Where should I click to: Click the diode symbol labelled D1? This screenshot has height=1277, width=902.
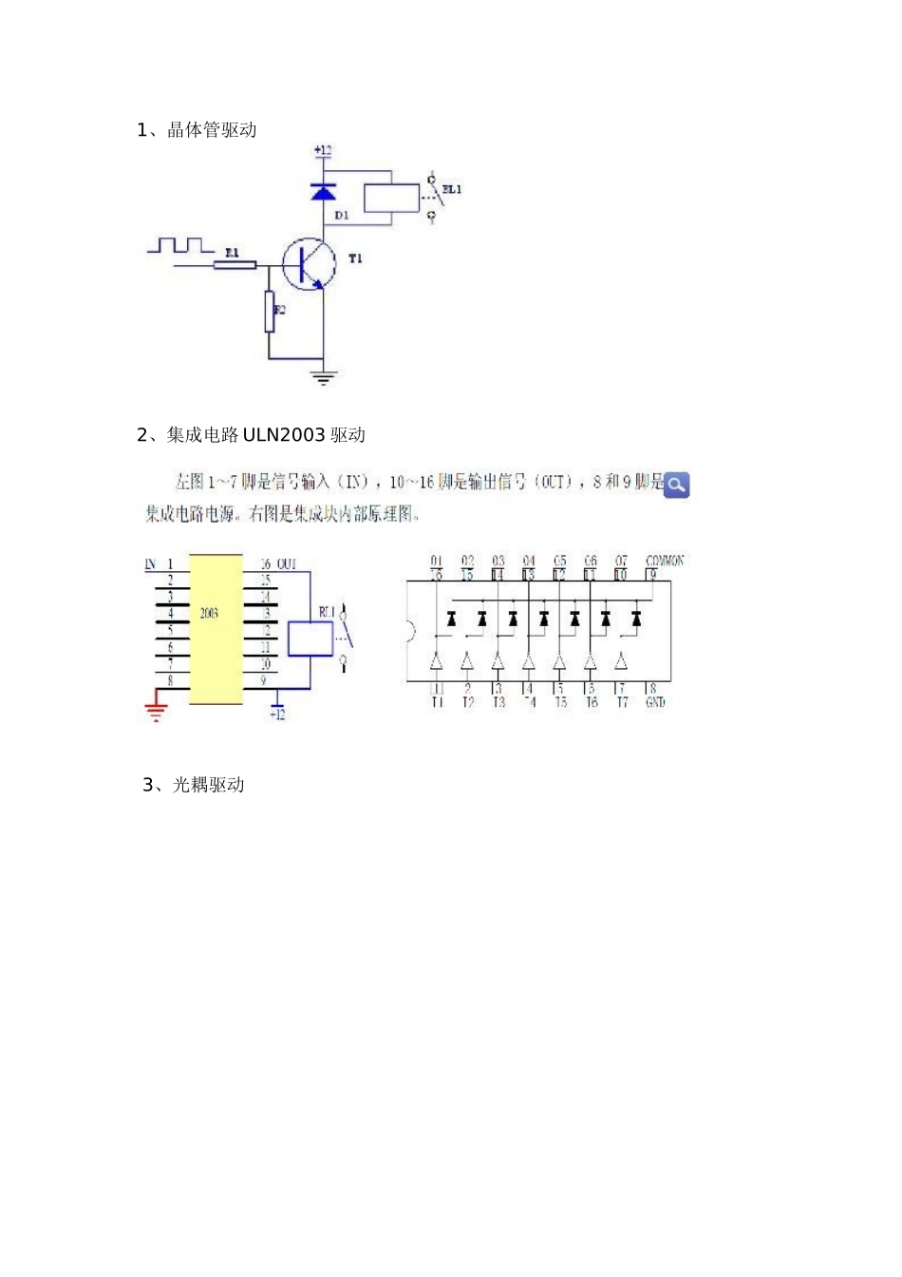pyautogui.click(x=324, y=193)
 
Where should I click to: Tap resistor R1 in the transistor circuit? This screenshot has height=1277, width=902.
pyautogui.click(x=235, y=264)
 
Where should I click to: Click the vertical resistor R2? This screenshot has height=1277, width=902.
pyautogui.click(x=270, y=311)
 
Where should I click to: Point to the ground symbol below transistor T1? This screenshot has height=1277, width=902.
pyautogui.click(x=324, y=377)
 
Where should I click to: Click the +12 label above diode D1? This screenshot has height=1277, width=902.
pyautogui.click(x=322, y=150)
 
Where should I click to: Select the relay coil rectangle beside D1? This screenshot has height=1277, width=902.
pyautogui.click(x=391, y=198)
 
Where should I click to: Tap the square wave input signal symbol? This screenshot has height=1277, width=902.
pyautogui.click(x=180, y=246)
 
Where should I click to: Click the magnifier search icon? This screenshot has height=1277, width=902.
pyautogui.click(x=677, y=485)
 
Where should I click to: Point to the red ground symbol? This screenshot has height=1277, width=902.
pyautogui.click(x=156, y=710)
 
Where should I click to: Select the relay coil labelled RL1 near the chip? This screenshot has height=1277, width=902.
pyautogui.click(x=310, y=638)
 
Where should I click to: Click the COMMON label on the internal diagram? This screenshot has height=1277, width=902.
pyautogui.click(x=665, y=561)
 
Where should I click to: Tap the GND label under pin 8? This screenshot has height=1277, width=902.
pyautogui.click(x=655, y=703)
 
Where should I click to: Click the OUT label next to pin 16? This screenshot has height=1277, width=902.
pyautogui.click(x=287, y=564)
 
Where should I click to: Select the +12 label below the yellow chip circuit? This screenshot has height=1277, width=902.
pyautogui.click(x=277, y=715)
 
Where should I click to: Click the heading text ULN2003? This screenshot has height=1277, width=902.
pyautogui.click(x=284, y=435)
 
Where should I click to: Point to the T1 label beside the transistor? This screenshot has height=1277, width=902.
pyautogui.click(x=355, y=258)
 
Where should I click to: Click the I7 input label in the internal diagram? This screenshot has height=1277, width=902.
pyautogui.click(x=623, y=703)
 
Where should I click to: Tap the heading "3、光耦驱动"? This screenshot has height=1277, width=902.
pyautogui.click(x=194, y=785)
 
